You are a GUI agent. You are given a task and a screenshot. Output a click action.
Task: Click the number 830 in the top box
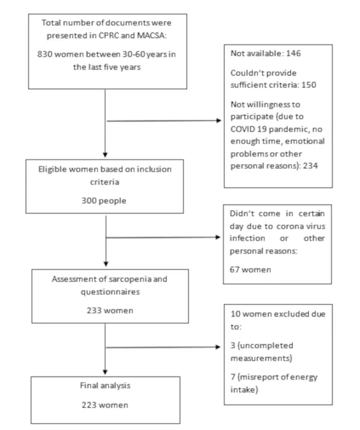point(45,54)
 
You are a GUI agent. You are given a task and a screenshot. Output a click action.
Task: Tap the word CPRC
point(109,36)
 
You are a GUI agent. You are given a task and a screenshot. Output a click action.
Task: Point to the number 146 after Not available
point(293,53)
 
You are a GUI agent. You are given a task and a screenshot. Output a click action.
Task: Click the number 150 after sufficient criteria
point(308,85)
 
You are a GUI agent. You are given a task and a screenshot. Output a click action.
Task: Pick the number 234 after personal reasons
point(310,166)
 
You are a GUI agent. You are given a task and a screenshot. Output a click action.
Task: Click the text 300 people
point(104,201)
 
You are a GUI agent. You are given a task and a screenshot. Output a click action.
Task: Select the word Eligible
point(52,169)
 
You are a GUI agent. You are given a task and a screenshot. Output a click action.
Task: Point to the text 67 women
point(250,269)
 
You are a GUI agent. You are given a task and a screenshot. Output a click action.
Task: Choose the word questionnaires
point(110,292)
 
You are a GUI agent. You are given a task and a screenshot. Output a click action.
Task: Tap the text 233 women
point(110,310)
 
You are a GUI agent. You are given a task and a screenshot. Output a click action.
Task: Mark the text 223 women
point(105,405)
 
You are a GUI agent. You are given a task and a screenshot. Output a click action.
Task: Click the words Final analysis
point(105,385)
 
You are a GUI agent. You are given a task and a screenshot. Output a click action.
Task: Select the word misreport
point(259,377)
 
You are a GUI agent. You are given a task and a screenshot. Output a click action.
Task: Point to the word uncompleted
point(265,345)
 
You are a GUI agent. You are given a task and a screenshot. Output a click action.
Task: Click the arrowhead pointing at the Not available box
point(219,120)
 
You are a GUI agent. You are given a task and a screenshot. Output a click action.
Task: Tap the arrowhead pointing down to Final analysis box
point(105,372)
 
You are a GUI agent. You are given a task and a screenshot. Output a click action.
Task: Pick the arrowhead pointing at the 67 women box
point(218,237)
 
